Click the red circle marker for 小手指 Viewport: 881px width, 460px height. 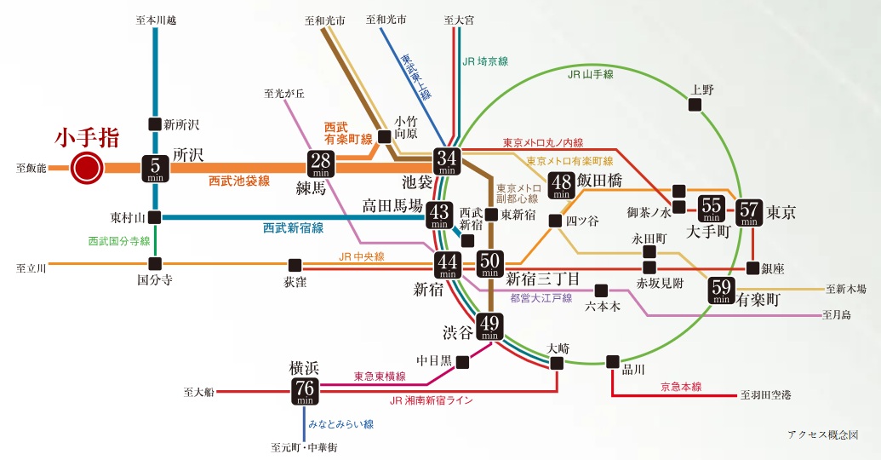[x=87, y=167]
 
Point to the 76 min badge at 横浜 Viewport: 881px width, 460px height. [x=305, y=391]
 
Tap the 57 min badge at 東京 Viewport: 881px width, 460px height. [x=749, y=210]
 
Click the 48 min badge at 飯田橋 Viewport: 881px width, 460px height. [x=562, y=185]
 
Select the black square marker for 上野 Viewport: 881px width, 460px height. [x=695, y=105]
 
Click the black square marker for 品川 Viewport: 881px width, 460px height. [x=612, y=360]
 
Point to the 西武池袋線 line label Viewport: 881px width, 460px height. [x=239, y=181]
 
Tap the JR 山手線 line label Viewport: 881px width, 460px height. [x=590, y=75]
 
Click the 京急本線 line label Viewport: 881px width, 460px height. [x=681, y=387]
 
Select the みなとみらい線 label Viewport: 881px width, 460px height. [x=340, y=424]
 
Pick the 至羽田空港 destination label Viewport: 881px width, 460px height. [x=765, y=395]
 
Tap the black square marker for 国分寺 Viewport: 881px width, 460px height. [x=155, y=263]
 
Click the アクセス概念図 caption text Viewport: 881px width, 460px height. [x=822, y=434]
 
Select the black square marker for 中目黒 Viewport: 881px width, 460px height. [x=462, y=362]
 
